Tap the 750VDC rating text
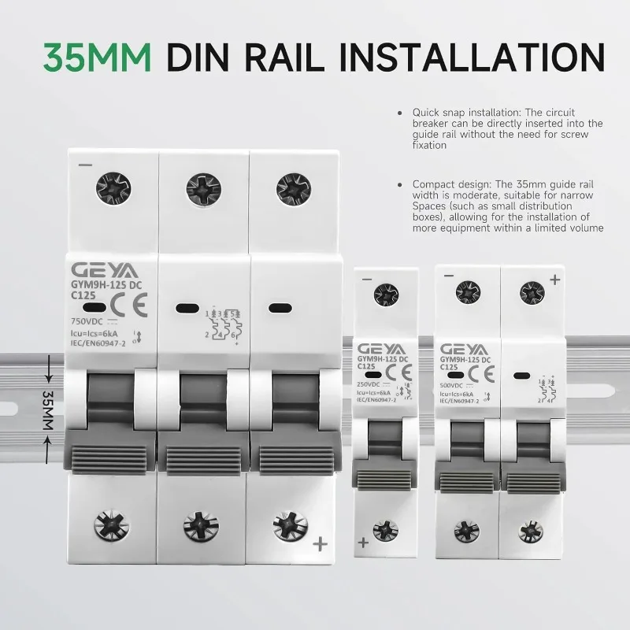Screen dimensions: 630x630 (x=84, y=321)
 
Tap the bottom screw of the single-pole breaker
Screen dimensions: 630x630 (x=384, y=529)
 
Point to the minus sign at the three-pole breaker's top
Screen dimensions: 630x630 (x=85, y=165)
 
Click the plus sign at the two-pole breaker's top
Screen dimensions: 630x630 (x=554, y=279)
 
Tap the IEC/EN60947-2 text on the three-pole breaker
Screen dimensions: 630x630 (x=98, y=344)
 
